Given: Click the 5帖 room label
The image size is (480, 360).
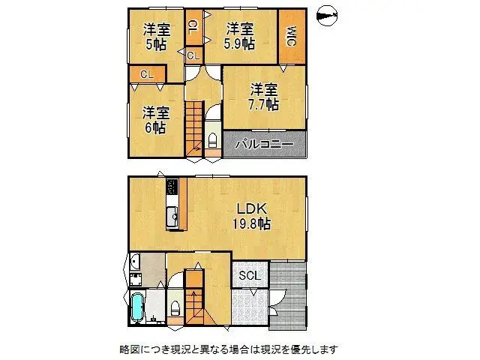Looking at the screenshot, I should [x=157, y=43].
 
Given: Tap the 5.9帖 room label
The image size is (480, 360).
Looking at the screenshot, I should [x=238, y=43].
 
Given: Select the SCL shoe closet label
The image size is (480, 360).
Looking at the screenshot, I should [x=250, y=275].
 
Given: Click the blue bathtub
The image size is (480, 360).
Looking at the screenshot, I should [x=139, y=307].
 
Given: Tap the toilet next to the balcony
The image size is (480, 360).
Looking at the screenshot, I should [x=212, y=141].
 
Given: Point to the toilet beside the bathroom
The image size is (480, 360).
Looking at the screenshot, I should [x=175, y=307].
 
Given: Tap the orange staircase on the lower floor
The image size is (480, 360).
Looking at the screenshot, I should [x=194, y=300].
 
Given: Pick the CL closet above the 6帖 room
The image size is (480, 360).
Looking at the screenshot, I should [x=146, y=74].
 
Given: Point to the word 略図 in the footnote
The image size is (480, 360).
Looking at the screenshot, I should [x=130, y=349].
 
